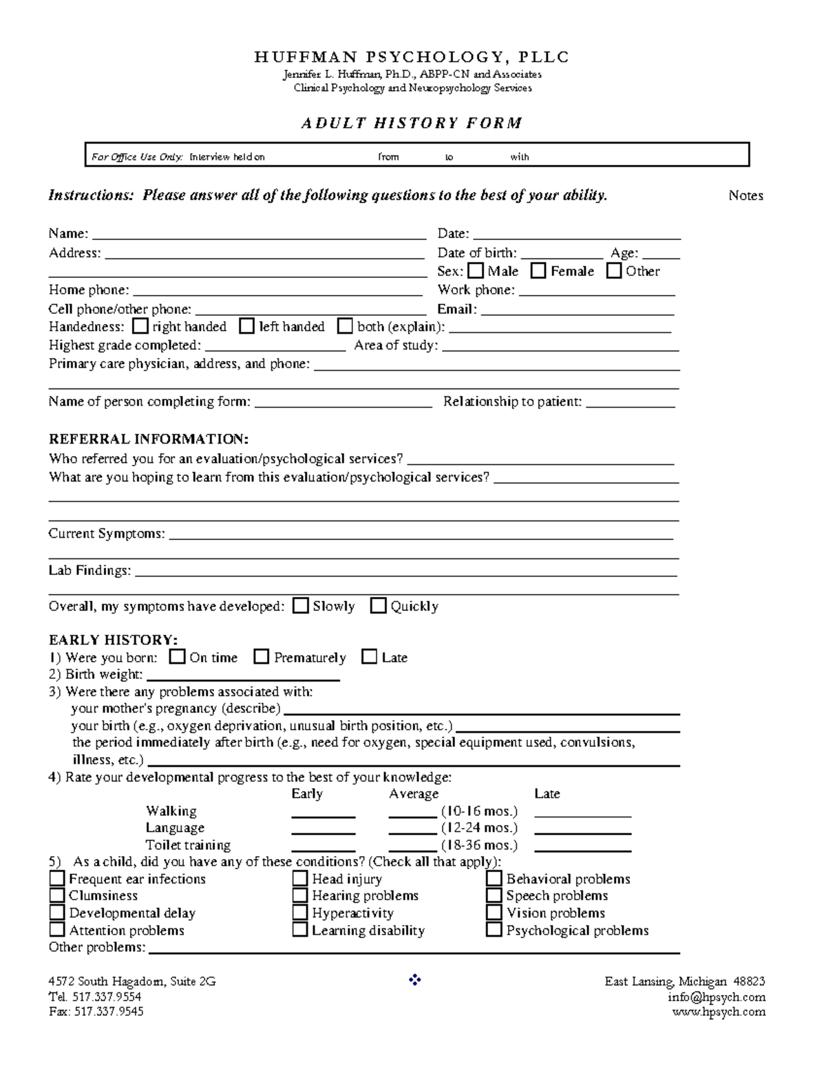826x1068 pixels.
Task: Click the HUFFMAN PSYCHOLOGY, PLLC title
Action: point(412,57)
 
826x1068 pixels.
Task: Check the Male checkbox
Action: point(476,271)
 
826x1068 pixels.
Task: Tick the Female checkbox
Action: point(538,271)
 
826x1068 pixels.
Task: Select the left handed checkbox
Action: point(246,326)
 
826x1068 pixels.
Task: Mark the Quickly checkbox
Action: point(378,606)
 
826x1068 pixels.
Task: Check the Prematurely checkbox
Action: point(261,657)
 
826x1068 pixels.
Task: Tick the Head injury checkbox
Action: point(299,879)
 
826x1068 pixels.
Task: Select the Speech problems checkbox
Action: point(494,895)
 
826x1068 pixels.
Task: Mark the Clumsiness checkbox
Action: point(57,895)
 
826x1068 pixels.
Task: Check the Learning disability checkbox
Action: point(299,930)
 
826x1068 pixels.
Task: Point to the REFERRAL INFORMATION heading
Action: point(149,439)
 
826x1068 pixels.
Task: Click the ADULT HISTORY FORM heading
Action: point(412,123)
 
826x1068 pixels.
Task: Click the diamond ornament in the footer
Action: point(414,981)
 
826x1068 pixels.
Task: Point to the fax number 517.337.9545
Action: point(108,1012)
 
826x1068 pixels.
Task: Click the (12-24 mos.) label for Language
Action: point(479,828)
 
